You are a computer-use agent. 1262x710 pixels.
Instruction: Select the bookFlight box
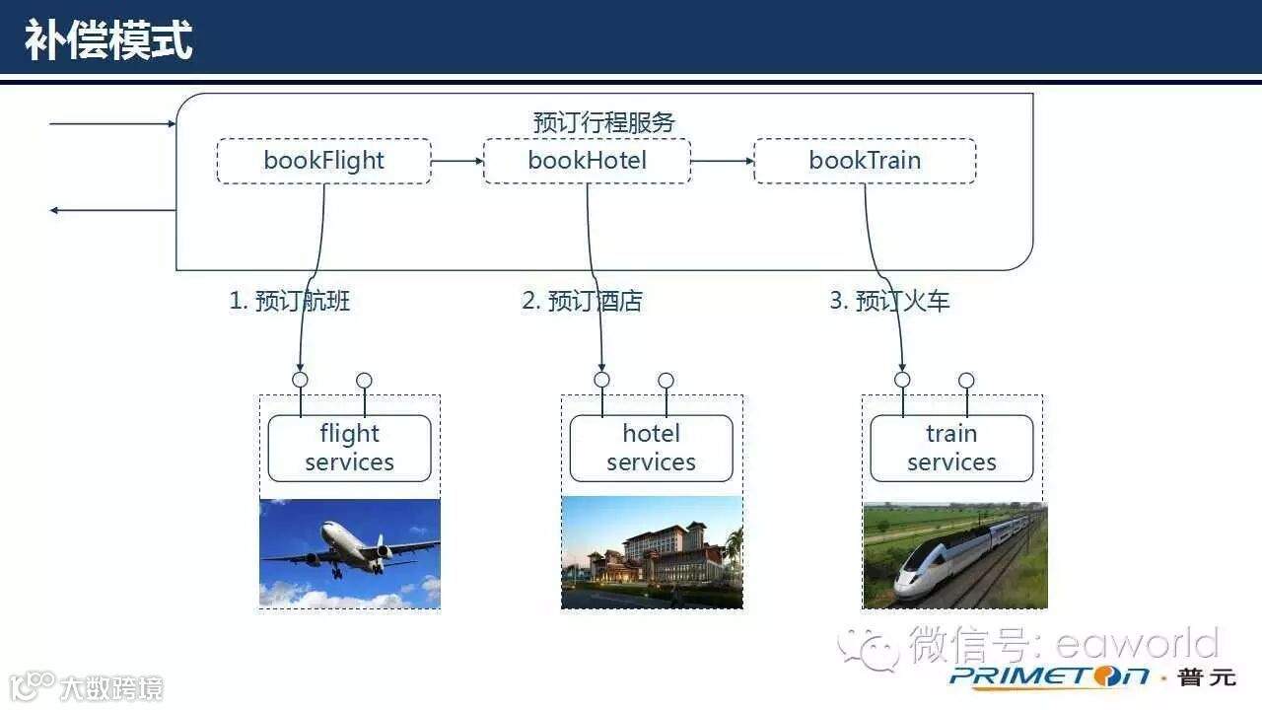[323, 161]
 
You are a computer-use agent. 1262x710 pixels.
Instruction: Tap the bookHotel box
[587, 161]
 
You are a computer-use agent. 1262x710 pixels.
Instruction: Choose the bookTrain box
[865, 161]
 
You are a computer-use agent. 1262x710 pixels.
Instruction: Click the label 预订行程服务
[603, 122]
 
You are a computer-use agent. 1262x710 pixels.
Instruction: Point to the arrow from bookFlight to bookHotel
[456, 161]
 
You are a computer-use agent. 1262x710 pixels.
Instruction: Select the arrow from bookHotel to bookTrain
[722, 161]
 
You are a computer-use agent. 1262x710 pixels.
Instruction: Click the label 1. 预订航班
[290, 301]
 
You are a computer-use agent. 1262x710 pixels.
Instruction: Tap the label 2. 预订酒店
[582, 301]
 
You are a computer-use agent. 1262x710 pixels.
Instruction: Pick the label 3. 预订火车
[889, 301]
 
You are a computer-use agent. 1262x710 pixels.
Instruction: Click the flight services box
[349, 448]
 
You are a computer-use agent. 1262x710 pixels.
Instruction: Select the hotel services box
[651, 448]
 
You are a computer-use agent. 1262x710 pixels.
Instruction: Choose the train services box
[951, 448]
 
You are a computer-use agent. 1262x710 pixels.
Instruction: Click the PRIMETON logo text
[1049, 676]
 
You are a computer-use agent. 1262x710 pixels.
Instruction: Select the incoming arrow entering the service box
[110, 124]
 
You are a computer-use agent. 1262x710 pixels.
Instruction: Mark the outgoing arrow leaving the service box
[110, 210]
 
